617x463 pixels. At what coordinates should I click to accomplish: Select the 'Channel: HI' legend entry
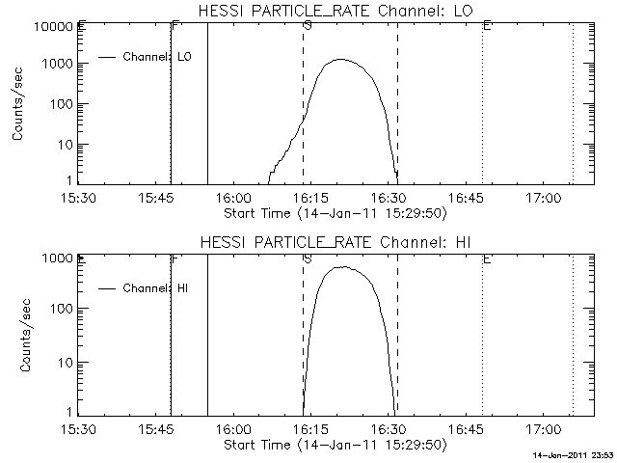point(154,287)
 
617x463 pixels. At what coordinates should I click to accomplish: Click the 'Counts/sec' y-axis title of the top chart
point(19,104)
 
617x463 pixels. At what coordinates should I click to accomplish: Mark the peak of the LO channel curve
point(340,60)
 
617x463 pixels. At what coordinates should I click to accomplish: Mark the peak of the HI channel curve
point(341,267)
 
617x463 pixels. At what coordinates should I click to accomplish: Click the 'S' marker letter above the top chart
point(307,26)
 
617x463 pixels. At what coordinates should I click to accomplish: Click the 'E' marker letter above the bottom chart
point(487,259)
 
